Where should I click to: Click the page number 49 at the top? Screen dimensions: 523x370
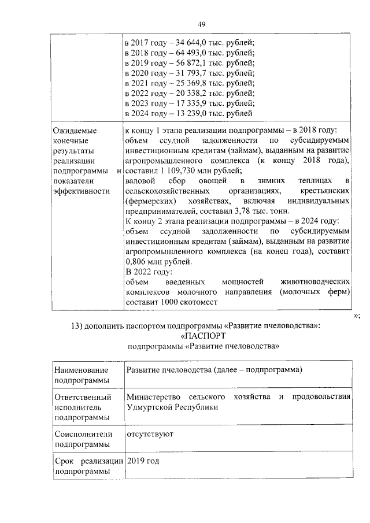[201, 24]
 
